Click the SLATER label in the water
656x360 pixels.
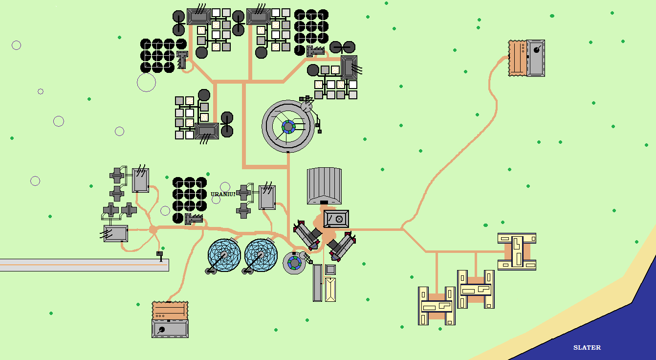(587, 348)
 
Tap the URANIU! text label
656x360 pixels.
(223, 194)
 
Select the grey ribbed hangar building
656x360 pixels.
(324, 185)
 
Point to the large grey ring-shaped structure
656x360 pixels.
(288, 127)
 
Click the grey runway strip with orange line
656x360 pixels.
(83, 265)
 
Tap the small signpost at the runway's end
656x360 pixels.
(160, 255)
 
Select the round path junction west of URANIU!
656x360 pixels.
(153, 229)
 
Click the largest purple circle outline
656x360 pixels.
(146, 82)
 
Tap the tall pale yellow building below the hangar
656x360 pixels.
(330, 289)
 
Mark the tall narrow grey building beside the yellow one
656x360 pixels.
(317, 283)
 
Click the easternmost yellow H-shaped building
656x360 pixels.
(517, 251)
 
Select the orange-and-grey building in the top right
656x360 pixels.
(526, 58)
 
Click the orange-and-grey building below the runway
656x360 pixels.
(170, 319)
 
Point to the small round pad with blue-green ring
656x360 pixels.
(294, 263)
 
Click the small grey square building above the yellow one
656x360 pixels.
(330, 270)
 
